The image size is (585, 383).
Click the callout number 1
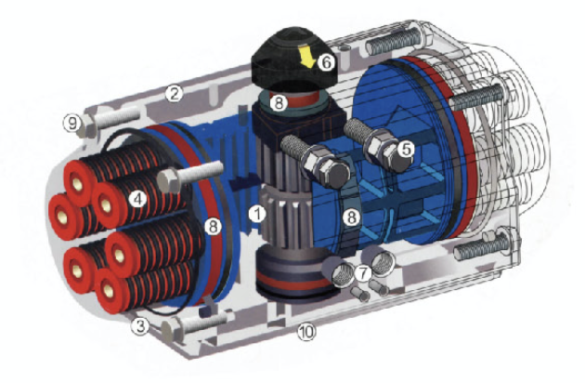(x=257, y=214)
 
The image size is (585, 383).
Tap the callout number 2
(x=175, y=93)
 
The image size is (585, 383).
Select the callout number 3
(x=140, y=326)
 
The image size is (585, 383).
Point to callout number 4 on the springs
(x=137, y=199)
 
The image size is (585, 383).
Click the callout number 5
(x=406, y=149)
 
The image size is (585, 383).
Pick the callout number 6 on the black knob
(x=326, y=62)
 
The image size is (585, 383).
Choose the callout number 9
(x=72, y=123)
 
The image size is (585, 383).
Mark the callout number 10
(x=306, y=332)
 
